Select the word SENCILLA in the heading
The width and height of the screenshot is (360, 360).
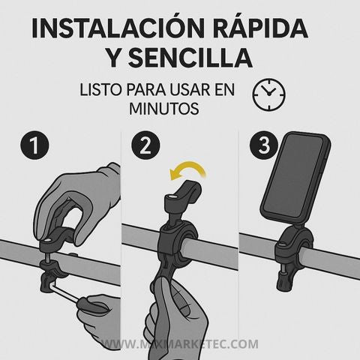pyautogui.click(x=190, y=58)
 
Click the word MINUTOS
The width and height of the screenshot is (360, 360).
pyautogui.click(x=164, y=109)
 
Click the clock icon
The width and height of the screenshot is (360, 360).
pyautogui.click(x=269, y=94)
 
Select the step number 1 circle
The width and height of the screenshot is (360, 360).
pyautogui.click(x=34, y=145)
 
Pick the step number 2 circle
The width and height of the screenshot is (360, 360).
pyautogui.click(x=145, y=145)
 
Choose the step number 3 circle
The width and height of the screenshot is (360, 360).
pyautogui.click(x=264, y=145)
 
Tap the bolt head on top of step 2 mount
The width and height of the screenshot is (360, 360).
pyautogui.click(x=172, y=198)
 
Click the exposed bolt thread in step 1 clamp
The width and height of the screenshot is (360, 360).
pyautogui.click(x=47, y=257)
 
